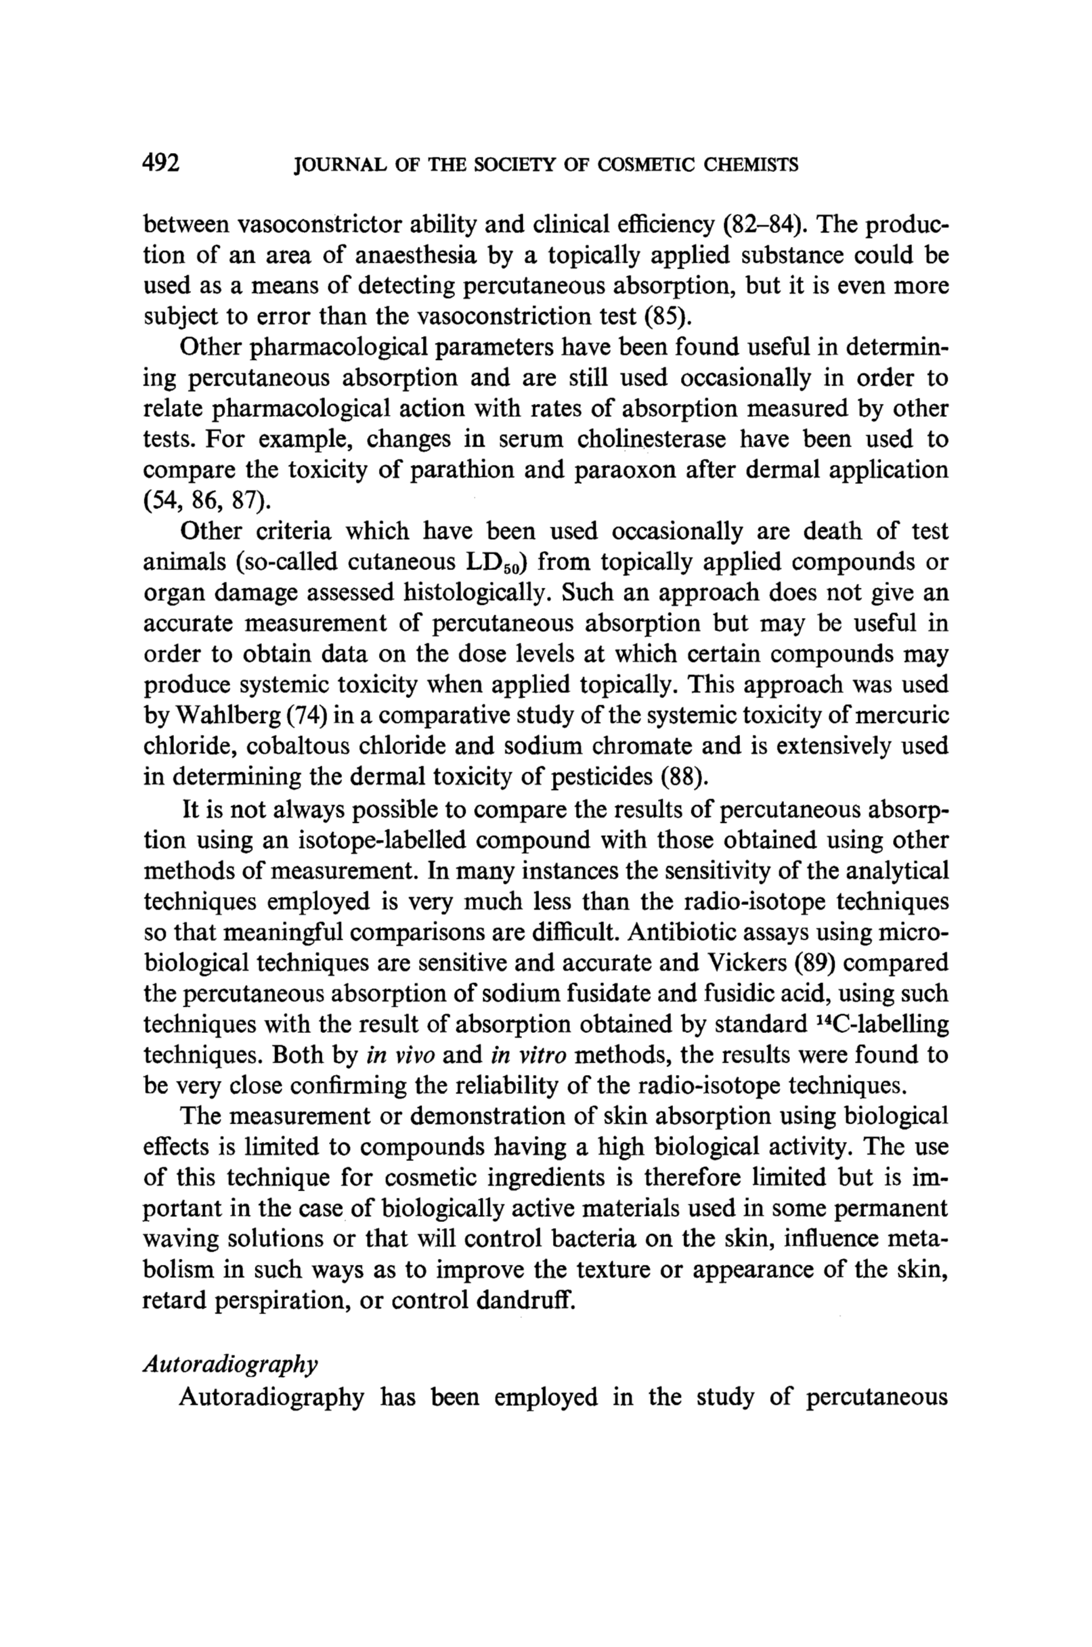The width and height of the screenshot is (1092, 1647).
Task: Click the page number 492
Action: pos(162,163)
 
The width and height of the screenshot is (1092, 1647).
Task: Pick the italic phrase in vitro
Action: pos(529,1055)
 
